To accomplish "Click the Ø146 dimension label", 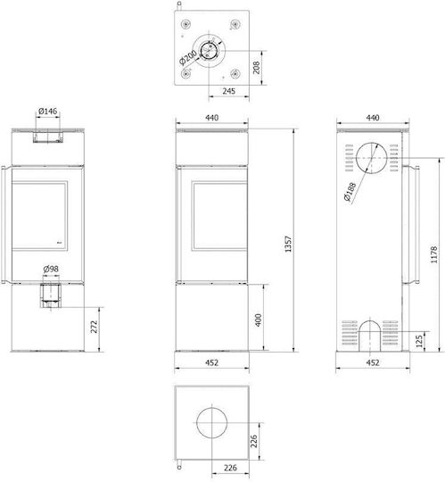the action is coord(48,111).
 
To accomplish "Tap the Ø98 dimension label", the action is coord(51,269).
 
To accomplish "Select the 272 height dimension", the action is coord(95,327).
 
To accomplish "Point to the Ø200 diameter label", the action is coord(187,57).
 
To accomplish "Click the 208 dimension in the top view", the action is coord(256,67).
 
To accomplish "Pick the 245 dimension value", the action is coord(229,91).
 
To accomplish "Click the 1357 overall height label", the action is coord(288,244).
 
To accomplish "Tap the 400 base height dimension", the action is coord(259,320).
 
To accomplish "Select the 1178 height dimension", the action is coord(433,254).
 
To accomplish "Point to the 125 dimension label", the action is coord(419,341).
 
